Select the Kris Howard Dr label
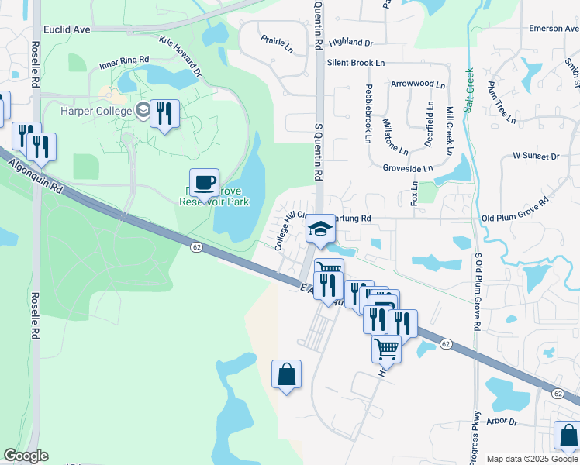[x=181, y=57]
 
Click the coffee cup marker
[x=204, y=184]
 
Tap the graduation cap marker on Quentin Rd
[x=319, y=229]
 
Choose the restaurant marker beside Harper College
[x=164, y=115]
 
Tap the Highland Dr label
[x=350, y=43]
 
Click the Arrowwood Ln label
[x=418, y=82]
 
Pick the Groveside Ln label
[x=407, y=167]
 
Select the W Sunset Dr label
[x=536, y=156]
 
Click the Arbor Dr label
[x=502, y=422]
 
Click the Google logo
[x=26, y=456]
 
